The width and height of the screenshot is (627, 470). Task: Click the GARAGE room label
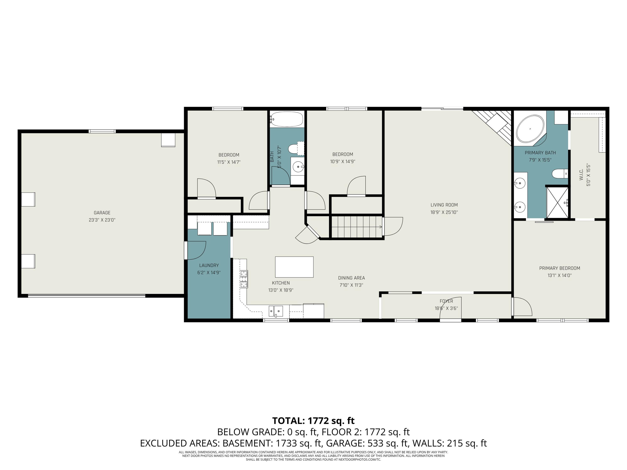pyautogui.click(x=102, y=212)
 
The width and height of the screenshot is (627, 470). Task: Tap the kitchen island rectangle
pyautogui.click(x=294, y=267)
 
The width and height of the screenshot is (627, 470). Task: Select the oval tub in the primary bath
pyautogui.click(x=530, y=129)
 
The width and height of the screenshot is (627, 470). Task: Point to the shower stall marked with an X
pyautogui.click(x=557, y=203)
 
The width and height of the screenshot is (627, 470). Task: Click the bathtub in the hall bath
pyautogui.click(x=287, y=119)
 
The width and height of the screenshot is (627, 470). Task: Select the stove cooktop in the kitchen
pyautogui.click(x=244, y=279)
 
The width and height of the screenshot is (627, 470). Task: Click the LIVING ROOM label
pyautogui.click(x=444, y=205)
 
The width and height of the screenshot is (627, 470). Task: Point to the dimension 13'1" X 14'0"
pyautogui.click(x=559, y=275)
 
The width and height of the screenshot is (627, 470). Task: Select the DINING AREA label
pyautogui.click(x=351, y=278)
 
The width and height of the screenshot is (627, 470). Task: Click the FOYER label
pyautogui.click(x=446, y=301)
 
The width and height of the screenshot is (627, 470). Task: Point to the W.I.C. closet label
pyautogui.click(x=581, y=175)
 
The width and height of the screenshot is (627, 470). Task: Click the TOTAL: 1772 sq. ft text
pyautogui.click(x=313, y=421)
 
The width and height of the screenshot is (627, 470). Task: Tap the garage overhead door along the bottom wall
pyautogui.click(x=87, y=296)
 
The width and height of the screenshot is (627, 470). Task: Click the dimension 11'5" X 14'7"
pyautogui.click(x=229, y=162)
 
